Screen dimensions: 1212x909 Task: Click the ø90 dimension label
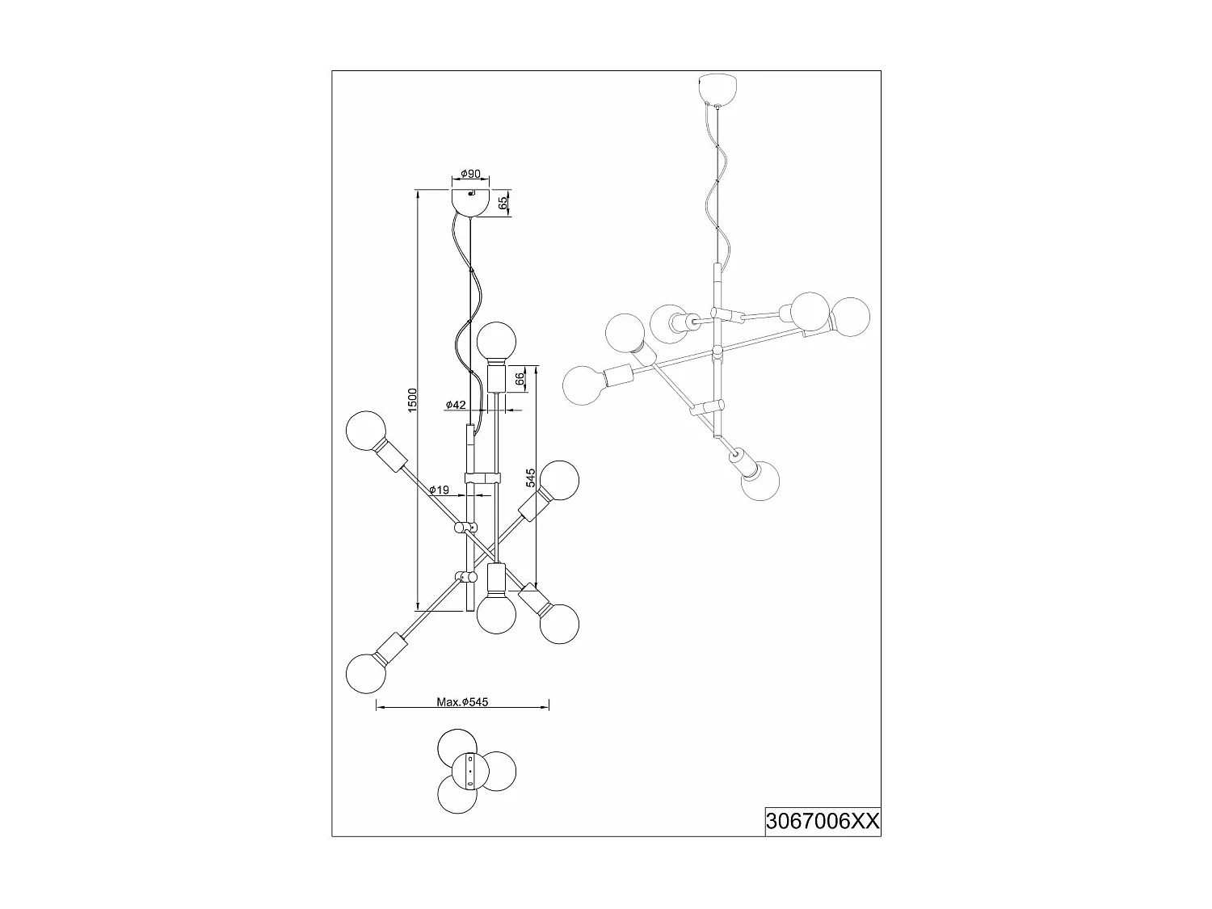(470, 174)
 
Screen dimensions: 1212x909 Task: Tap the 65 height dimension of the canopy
(503, 203)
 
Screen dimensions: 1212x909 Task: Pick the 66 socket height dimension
(521, 378)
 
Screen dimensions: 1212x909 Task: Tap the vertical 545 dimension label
(530, 478)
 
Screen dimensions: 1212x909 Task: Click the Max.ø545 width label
(462, 702)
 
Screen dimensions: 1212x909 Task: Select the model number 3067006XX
(822, 822)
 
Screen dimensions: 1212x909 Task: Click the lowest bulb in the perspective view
(761, 482)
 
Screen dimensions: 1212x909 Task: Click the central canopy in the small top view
(469, 770)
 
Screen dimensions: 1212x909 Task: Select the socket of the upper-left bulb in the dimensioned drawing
(394, 457)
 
